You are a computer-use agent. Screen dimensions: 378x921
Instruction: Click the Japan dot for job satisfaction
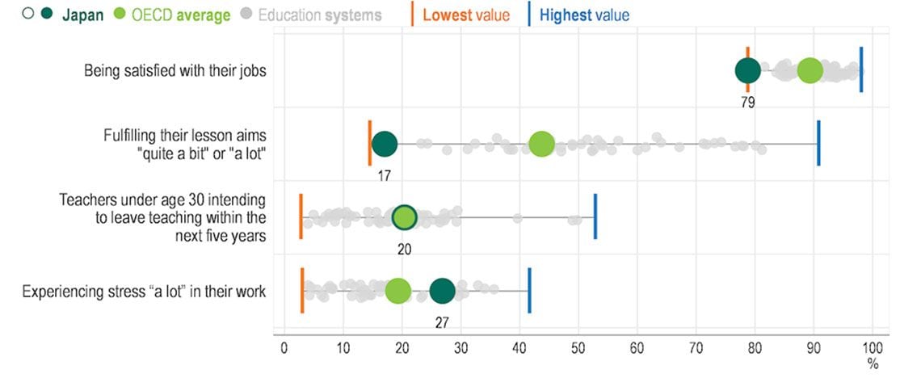coord(747,70)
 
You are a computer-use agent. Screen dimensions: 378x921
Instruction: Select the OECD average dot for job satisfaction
coord(810,70)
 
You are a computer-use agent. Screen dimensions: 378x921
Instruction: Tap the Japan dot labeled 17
coord(385,145)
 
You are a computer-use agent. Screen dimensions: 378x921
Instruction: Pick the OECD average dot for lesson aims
coord(541,145)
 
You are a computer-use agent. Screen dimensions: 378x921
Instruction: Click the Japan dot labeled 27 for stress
coord(442,292)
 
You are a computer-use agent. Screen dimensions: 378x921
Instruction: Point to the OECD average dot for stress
coord(398,292)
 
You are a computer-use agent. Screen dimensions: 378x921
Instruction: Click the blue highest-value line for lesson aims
coord(818,143)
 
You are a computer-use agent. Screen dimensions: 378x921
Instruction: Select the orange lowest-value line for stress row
coord(302,290)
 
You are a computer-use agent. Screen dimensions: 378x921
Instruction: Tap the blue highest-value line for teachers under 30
coord(595,216)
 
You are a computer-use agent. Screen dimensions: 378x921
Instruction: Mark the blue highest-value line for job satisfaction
coord(861,69)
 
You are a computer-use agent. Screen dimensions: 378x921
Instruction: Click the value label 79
coord(747,103)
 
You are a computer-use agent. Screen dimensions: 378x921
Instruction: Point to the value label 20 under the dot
coord(404,249)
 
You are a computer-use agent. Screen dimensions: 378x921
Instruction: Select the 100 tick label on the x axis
coord(873,348)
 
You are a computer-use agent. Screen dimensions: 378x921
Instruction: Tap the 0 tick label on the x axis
coord(284,348)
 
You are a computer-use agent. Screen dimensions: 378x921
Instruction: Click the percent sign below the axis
coord(873,364)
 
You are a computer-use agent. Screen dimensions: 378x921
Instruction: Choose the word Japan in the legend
coord(83,15)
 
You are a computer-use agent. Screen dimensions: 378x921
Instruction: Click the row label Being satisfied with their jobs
coord(175,71)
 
